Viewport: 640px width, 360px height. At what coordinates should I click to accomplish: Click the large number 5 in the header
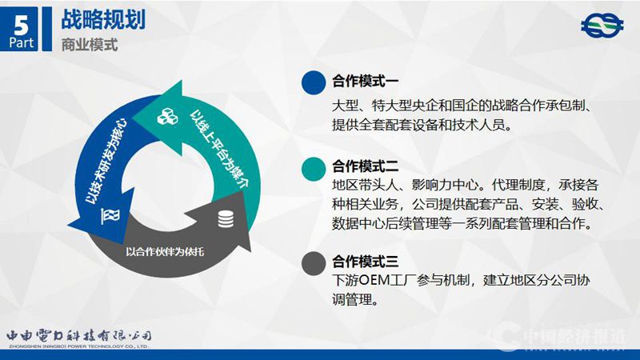point(22,19)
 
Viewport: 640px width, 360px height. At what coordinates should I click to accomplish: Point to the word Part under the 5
point(22,42)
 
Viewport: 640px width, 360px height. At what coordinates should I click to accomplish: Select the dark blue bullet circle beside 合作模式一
point(313,82)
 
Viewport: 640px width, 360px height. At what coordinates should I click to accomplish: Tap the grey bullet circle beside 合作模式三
point(313,262)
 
